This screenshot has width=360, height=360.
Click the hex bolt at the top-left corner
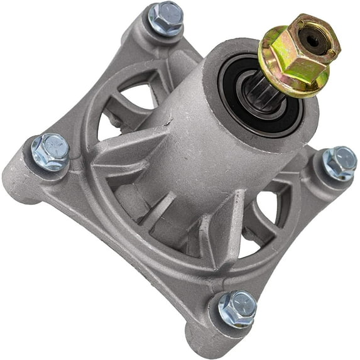(x=166, y=18)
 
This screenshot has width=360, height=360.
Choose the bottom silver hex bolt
(x=237, y=308)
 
